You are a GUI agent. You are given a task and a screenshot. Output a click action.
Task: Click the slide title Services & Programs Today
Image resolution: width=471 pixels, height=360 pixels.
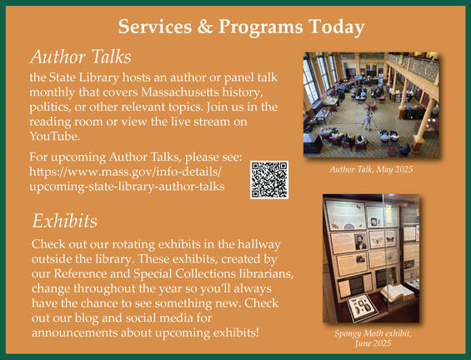click(x=241, y=27)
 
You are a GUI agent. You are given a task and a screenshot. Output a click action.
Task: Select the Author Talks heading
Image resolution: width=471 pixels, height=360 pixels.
click(x=80, y=57)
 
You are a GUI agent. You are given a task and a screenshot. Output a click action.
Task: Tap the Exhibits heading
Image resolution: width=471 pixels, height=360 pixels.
click(x=65, y=221)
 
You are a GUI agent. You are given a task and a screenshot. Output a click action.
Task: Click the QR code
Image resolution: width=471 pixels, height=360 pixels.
click(x=268, y=179)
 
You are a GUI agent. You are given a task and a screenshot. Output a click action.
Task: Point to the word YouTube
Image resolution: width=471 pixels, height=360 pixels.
click(x=54, y=136)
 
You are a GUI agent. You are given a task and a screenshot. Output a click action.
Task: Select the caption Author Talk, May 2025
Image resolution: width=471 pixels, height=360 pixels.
click(x=371, y=169)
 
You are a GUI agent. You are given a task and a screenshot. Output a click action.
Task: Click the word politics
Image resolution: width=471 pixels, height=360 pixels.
click(x=52, y=105)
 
